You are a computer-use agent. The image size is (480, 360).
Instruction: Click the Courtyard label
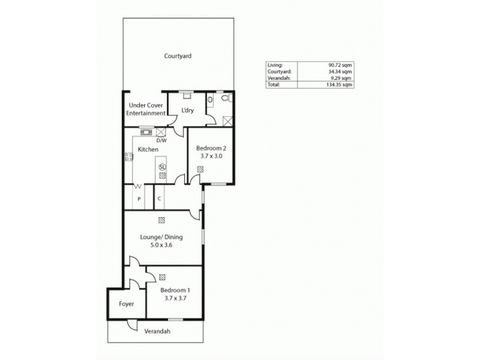point(178,56)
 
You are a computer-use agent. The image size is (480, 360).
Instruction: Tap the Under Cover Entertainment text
point(146,109)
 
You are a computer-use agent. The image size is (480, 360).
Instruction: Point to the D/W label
point(161,140)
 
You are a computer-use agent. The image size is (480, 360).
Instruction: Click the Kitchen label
point(148,149)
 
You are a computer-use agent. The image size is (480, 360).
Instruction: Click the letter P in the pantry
point(139,199)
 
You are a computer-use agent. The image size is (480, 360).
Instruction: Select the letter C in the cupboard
point(160,199)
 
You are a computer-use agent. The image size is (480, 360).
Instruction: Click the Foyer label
point(126,304)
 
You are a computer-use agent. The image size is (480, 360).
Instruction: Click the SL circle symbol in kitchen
point(161,167)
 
